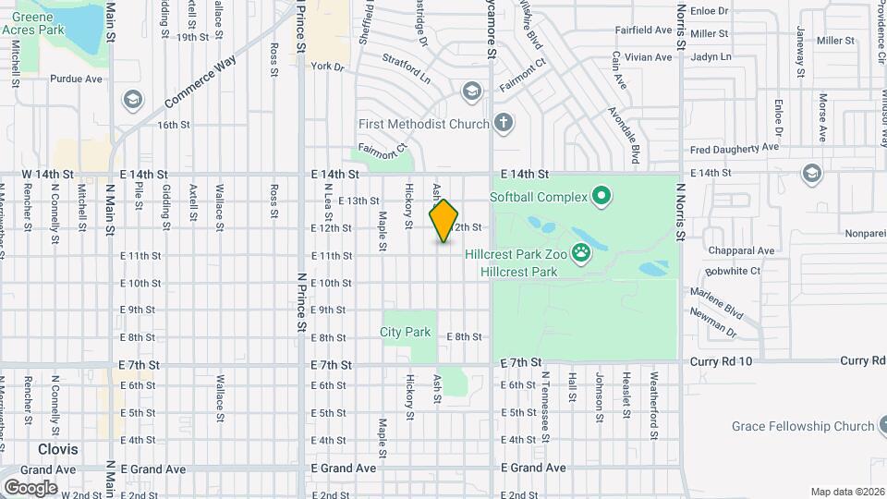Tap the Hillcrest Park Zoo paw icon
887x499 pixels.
(581, 251)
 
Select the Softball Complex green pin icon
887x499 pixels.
(601, 196)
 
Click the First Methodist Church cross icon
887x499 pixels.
(503, 123)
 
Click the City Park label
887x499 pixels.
(406, 331)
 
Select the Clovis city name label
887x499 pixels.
(58, 449)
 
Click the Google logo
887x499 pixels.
(30, 487)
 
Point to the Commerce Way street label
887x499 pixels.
(200, 81)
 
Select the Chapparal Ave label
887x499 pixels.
(741, 250)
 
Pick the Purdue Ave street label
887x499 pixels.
(76, 79)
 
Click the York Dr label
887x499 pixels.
(327, 67)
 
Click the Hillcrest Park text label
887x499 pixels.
(518, 272)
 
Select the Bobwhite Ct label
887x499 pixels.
(732, 271)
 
